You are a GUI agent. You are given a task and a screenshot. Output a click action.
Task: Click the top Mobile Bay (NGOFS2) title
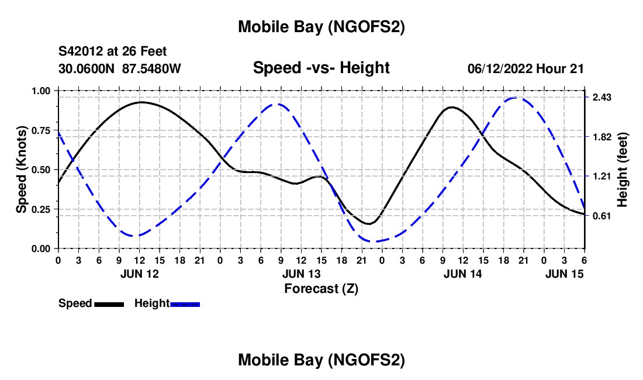point(321,26)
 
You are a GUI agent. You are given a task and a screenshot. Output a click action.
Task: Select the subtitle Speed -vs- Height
point(321,68)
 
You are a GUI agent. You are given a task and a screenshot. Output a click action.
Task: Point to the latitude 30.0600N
point(87,68)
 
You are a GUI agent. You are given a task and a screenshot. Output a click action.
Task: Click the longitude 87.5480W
point(151,68)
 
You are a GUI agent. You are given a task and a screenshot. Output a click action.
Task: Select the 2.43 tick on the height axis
point(602,98)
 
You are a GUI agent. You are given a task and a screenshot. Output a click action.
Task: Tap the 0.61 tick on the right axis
point(602,216)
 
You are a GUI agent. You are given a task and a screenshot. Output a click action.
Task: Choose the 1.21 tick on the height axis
point(602,177)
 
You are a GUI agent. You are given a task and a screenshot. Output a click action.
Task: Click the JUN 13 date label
point(300,273)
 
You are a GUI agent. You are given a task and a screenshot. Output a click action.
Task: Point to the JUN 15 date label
point(564,273)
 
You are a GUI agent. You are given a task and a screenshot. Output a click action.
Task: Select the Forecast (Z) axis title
point(321,288)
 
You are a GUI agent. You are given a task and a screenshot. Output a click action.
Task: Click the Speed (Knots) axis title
point(21,170)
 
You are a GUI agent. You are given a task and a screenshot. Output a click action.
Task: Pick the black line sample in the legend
point(109,303)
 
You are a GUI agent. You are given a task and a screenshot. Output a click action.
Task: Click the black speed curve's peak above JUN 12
point(141,102)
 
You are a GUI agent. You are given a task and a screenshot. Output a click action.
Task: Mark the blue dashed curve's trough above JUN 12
point(135,236)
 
